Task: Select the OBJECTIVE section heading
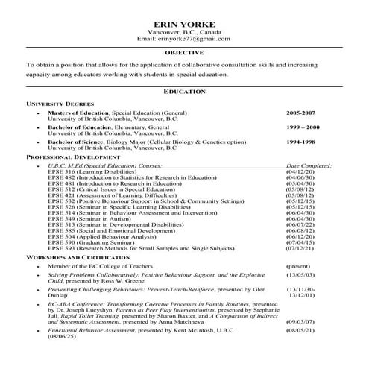pos(183,54)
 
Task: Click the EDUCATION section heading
pos(183,91)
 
